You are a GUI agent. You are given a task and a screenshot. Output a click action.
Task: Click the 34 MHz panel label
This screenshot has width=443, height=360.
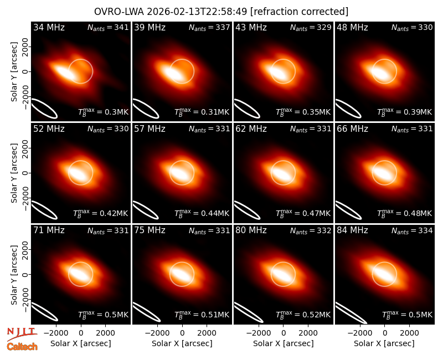[49, 27]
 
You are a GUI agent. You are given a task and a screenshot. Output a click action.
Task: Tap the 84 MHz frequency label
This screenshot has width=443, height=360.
[352, 230]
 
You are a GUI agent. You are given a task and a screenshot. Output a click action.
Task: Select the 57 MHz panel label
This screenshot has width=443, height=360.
[150, 129]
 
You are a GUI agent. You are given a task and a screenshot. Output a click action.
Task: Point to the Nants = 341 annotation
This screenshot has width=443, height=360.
[108, 27]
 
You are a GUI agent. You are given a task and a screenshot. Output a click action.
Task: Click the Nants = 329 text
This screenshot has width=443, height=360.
[311, 27]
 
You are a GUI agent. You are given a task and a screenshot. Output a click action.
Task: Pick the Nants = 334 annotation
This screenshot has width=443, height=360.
[412, 230]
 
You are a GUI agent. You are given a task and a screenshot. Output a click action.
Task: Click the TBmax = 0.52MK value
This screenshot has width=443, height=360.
[303, 314]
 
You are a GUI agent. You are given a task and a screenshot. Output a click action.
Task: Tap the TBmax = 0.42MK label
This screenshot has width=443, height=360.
[101, 213]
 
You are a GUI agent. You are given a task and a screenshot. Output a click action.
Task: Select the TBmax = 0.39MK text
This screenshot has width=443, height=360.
[404, 112]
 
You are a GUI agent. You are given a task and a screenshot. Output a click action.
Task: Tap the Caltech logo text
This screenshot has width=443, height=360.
[22, 347]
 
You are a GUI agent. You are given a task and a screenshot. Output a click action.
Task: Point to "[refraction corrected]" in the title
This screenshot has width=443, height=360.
[300, 12]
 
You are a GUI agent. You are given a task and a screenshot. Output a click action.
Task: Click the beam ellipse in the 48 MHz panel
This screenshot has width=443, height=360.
[348, 108]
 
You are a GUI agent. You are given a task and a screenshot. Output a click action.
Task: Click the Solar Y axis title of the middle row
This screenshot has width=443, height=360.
[14, 173]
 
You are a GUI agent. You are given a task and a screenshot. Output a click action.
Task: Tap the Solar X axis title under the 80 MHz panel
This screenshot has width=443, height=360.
[284, 343]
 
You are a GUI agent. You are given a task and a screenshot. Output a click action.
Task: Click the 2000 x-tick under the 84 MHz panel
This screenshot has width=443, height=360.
[409, 333]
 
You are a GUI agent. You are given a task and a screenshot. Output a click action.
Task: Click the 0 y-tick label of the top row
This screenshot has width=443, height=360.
[25, 71]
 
